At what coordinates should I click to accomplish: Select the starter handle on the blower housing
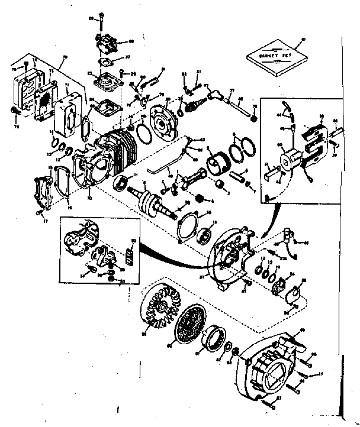point(290,345)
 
